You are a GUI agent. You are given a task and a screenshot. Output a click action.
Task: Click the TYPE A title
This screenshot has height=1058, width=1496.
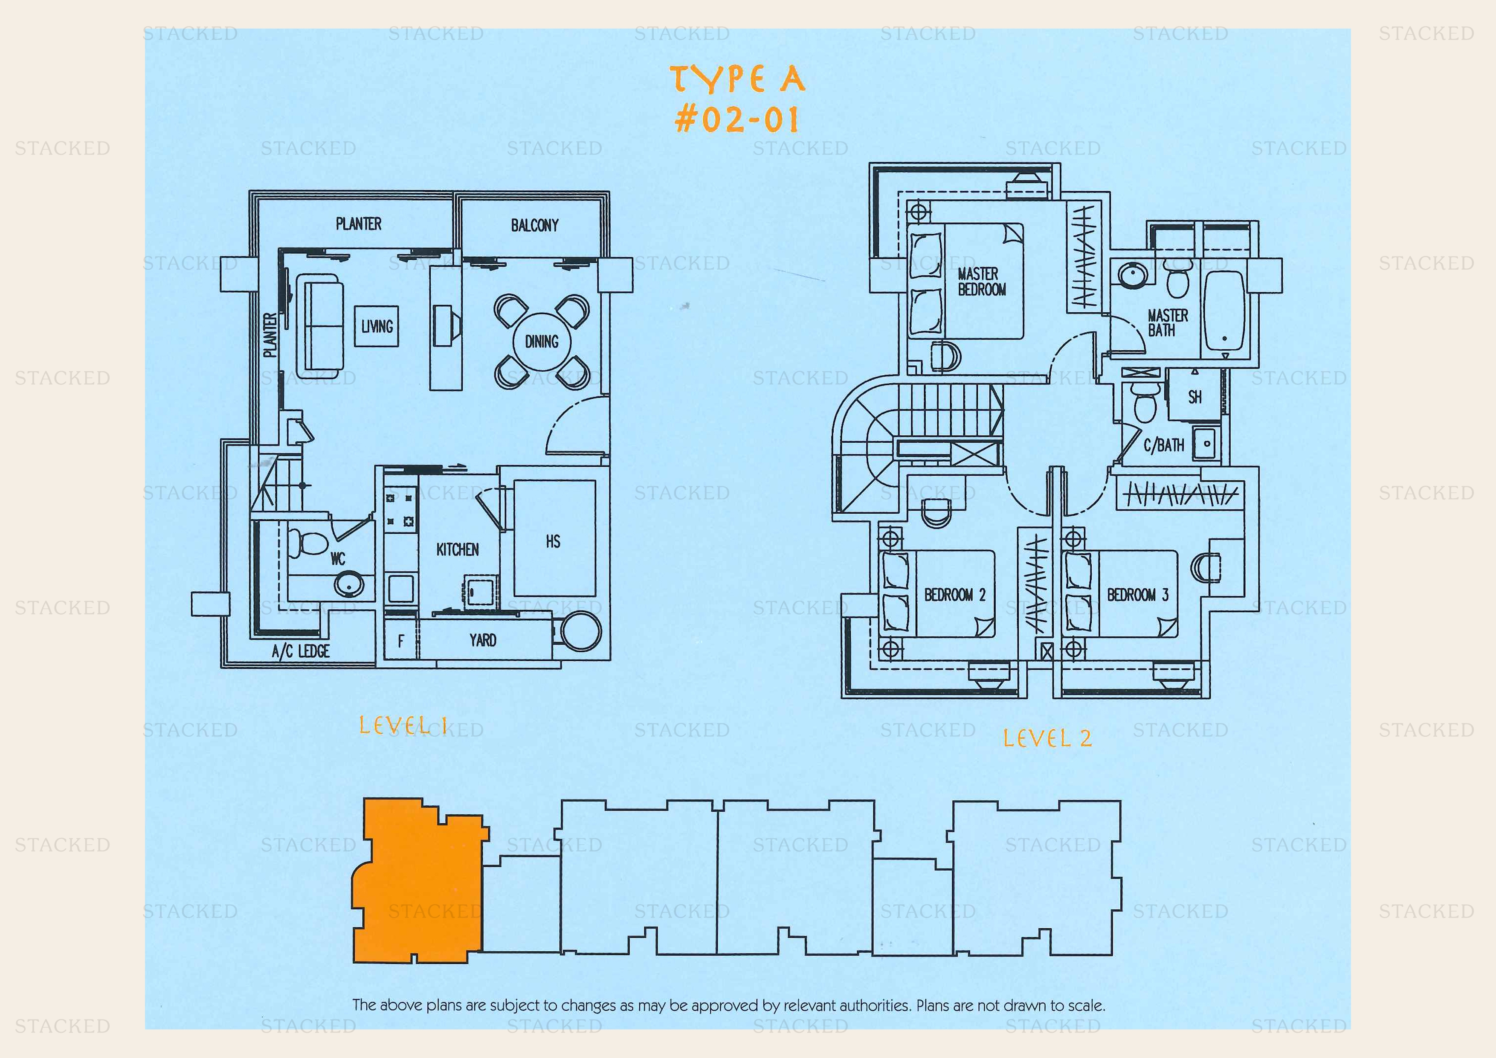738,79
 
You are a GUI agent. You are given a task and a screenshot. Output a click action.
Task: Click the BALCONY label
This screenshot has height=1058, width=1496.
534,226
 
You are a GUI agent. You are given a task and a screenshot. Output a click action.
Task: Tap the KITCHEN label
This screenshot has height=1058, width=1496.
458,549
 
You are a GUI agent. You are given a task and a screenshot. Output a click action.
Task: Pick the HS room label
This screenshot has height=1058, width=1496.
553,541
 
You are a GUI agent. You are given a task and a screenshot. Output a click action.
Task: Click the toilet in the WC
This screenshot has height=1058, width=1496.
307,543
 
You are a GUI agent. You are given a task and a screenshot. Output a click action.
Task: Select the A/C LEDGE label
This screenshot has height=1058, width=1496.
301,651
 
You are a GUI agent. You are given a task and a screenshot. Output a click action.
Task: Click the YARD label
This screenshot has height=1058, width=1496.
483,640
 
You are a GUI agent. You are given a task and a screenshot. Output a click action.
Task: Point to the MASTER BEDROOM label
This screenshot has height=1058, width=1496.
981,282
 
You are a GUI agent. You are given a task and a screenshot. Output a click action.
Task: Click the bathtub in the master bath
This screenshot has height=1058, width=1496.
1224,311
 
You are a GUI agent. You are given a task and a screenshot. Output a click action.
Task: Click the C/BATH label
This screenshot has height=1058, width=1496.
1164,445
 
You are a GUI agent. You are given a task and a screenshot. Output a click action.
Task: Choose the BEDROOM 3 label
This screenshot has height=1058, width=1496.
1138,595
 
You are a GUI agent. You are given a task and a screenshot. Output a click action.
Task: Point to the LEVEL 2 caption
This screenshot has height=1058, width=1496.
1047,738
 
